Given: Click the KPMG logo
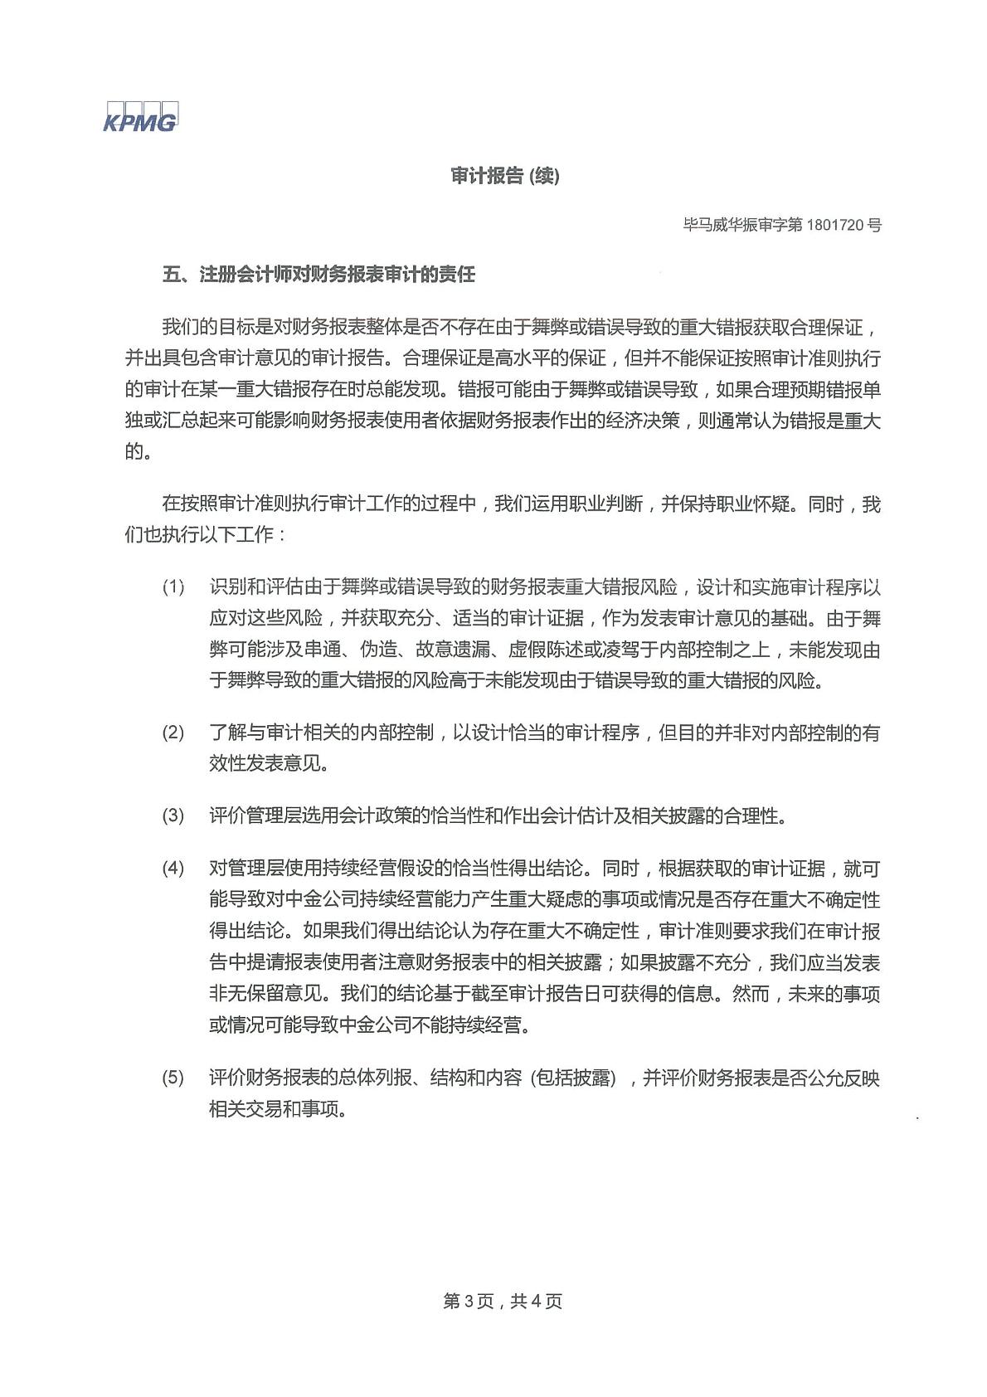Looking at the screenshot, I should [140, 119].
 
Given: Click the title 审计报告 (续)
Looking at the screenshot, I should [505, 177].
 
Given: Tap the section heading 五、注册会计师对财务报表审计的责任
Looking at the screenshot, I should [318, 275].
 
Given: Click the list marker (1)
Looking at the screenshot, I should [173, 588].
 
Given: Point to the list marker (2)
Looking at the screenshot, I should [173, 733].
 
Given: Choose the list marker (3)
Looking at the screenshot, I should [173, 816].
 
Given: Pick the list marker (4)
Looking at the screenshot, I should [173, 869].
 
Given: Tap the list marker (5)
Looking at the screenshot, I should [173, 1078].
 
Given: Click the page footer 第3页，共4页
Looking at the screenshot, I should [503, 1302].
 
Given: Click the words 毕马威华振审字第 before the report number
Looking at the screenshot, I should [742, 225].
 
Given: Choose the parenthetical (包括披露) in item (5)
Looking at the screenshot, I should [573, 1078].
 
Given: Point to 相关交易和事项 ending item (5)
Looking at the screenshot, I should [275, 1109].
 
